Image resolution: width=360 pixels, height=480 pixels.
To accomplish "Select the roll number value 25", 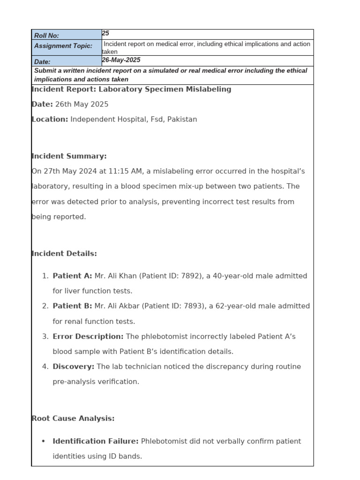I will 105,33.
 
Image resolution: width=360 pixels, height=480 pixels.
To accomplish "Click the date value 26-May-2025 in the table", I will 121,60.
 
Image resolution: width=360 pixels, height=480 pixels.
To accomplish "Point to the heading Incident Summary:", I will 69,156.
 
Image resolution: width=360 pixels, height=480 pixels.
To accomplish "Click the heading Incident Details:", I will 64,254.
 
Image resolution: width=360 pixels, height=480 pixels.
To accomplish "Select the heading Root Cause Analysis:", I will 73,418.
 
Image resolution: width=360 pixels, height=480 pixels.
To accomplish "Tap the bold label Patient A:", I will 72,276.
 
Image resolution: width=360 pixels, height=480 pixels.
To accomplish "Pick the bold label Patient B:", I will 72,306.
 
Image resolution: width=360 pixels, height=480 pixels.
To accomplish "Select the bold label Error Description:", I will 88,336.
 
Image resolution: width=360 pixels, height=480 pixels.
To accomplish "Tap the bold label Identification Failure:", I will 96,441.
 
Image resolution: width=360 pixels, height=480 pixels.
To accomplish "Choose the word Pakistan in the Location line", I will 182,119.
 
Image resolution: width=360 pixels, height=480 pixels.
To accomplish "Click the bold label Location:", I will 50,119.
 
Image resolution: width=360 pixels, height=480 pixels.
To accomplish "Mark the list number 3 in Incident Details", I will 45,336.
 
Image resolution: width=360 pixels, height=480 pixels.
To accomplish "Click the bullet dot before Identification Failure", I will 44,441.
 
